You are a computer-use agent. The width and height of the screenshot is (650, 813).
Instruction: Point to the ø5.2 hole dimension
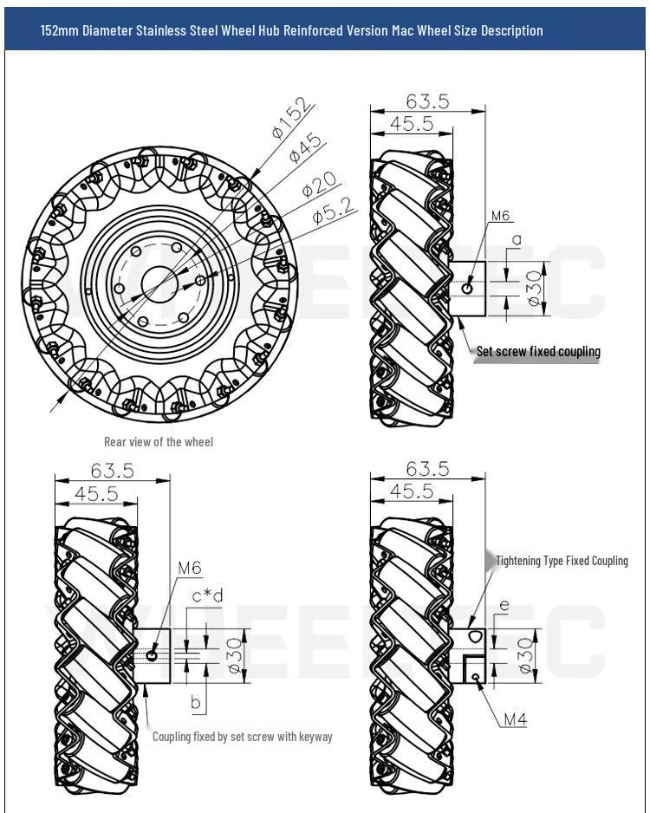(333, 211)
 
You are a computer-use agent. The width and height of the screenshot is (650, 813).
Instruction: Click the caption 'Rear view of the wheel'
(159, 441)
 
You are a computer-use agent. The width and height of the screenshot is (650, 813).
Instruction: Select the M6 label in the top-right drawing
(501, 216)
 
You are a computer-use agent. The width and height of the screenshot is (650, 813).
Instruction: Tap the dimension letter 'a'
(516, 237)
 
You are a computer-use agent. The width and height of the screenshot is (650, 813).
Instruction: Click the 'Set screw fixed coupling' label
(538, 352)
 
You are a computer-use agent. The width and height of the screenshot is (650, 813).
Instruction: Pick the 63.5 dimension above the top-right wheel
(426, 101)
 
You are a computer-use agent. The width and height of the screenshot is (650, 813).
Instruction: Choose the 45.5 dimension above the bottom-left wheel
(95, 491)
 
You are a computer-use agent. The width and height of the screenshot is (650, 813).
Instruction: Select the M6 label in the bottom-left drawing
(189, 569)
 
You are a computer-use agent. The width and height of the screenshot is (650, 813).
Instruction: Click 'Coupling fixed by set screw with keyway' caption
(242, 737)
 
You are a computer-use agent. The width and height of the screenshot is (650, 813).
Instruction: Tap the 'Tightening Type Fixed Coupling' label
(562, 561)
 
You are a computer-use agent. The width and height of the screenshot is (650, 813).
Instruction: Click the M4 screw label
(515, 719)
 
